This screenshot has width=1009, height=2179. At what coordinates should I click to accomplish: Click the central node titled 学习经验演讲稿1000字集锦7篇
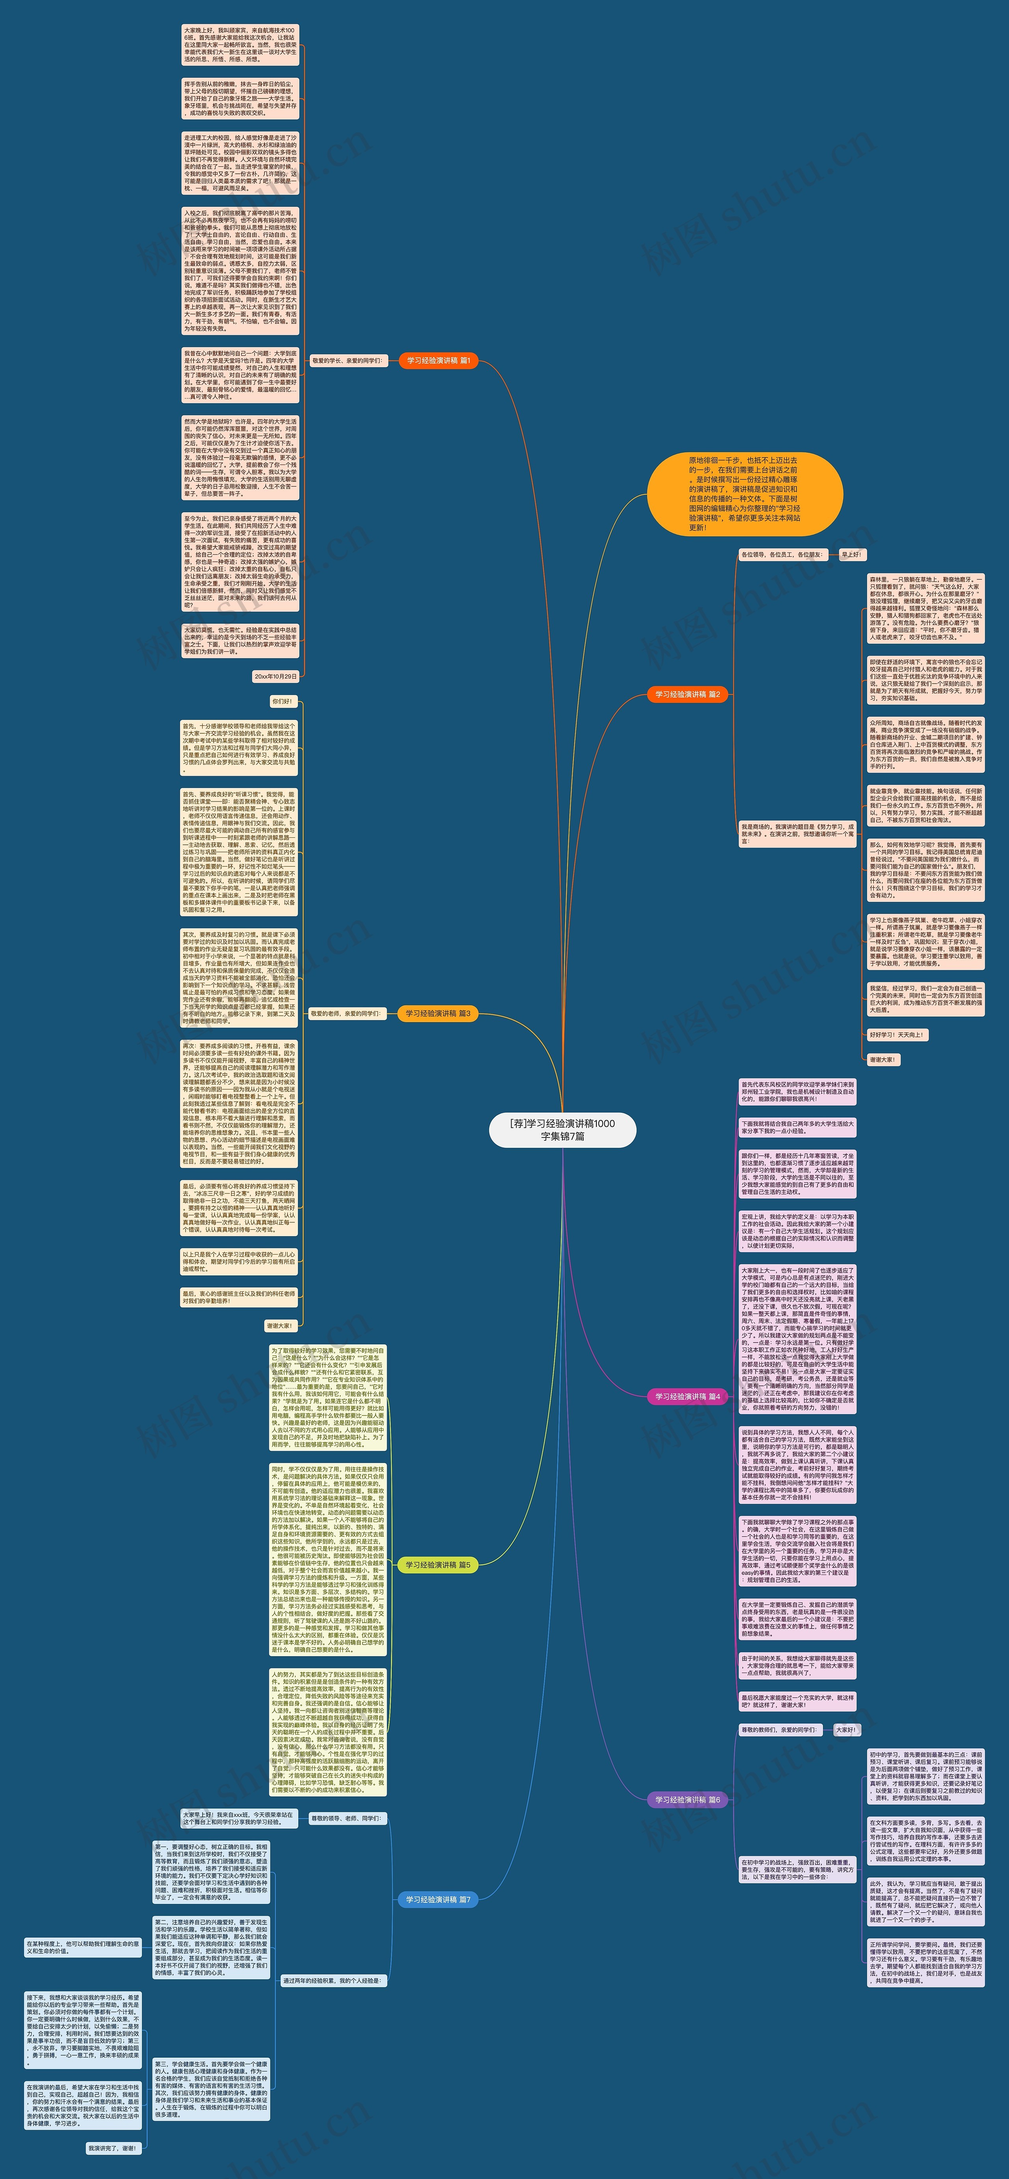tap(562, 1129)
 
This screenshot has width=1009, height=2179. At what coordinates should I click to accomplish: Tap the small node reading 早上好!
tap(851, 555)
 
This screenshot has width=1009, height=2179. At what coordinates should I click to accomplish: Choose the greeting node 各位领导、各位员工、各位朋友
tap(781, 555)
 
